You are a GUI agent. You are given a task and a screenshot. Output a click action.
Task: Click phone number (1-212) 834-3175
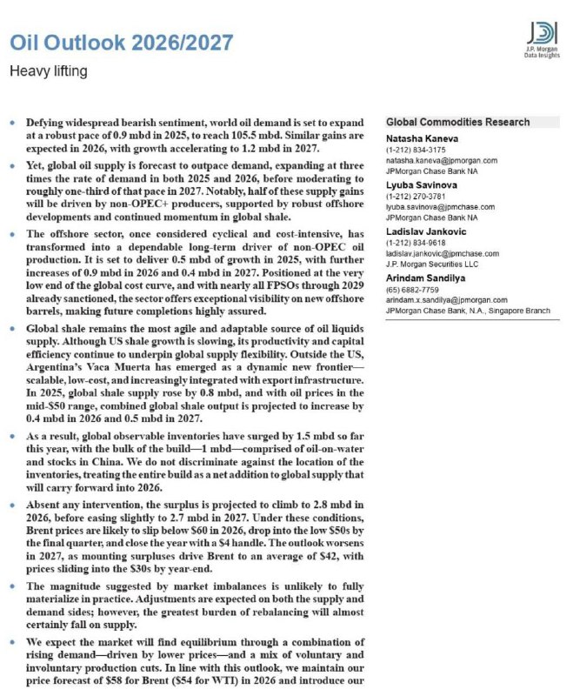413,150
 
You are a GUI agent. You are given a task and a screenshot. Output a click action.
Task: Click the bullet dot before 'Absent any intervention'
11,505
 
